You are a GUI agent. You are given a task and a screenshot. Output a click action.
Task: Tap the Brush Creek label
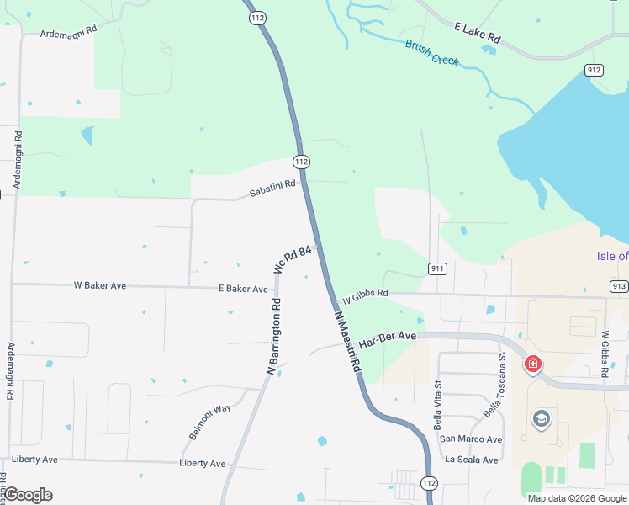[x=431, y=52]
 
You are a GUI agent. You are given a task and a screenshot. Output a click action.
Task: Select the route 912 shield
[x=594, y=70]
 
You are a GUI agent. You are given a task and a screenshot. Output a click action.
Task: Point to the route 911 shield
[x=436, y=268]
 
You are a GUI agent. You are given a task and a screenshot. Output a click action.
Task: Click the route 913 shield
[x=618, y=286]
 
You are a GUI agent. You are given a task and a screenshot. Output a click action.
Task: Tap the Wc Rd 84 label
[x=293, y=259]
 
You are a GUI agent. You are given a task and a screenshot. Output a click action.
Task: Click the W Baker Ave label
[x=100, y=286]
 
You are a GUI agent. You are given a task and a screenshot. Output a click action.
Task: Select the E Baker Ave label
[x=243, y=289]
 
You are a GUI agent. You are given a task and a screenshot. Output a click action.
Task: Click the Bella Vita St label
[x=438, y=405]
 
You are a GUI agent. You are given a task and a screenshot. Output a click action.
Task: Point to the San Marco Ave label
[x=471, y=439]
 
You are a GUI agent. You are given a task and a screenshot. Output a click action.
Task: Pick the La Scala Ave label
[x=473, y=460]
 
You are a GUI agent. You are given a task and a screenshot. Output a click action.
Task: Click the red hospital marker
[x=532, y=364]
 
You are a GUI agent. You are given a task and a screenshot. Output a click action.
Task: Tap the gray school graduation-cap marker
[x=542, y=418]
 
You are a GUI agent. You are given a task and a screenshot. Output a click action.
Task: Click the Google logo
[x=28, y=495]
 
